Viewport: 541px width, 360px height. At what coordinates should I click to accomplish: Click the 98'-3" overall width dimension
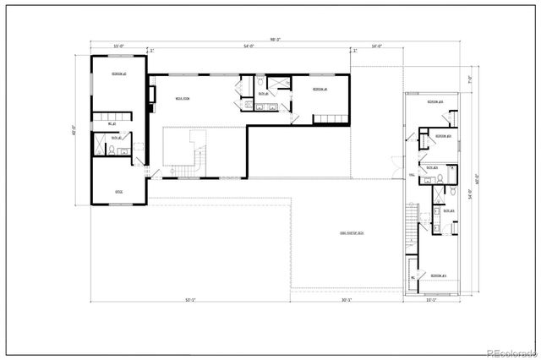pos(276,39)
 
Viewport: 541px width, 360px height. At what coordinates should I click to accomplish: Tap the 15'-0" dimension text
pos(119,46)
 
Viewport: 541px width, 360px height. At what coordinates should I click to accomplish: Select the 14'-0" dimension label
pos(376,46)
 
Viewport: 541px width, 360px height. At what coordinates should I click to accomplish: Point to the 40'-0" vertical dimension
pos(75,130)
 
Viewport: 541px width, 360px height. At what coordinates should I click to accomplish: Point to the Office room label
pos(119,192)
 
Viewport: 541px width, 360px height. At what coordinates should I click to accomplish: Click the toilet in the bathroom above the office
pos(111,150)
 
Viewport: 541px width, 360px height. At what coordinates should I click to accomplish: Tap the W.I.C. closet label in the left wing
pos(112,124)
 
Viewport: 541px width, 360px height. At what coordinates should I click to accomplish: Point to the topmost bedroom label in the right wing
pos(435,101)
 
